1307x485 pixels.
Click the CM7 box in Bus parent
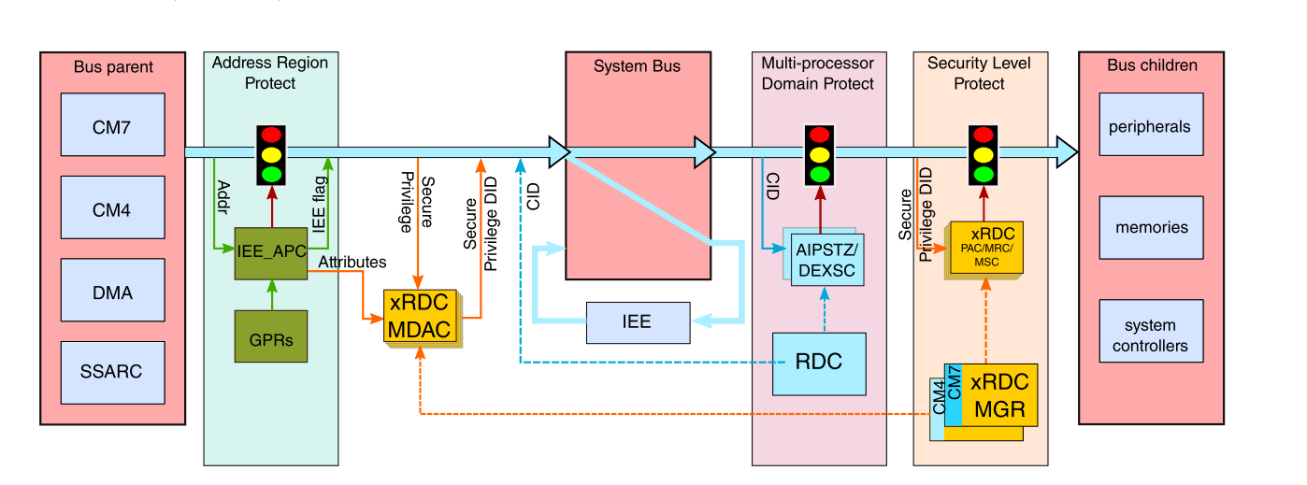click(x=112, y=124)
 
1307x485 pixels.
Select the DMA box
click(x=112, y=292)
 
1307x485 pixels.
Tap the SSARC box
click(x=112, y=371)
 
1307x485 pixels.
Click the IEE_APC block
click(x=271, y=252)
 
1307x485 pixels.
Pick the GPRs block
click(x=271, y=338)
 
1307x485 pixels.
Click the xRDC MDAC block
click(x=421, y=317)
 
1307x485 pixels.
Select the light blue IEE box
click(x=637, y=322)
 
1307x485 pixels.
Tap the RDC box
click(x=820, y=363)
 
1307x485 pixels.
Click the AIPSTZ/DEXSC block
click(x=827, y=259)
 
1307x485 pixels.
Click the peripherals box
click(x=1149, y=125)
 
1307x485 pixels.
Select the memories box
click(x=1149, y=227)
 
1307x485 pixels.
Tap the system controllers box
click(x=1149, y=335)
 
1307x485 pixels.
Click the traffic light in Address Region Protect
click(x=271, y=154)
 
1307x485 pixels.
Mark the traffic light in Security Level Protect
click(x=983, y=154)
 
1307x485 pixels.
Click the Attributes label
click(x=352, y=263)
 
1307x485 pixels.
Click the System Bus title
click(x=637, y=66)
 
